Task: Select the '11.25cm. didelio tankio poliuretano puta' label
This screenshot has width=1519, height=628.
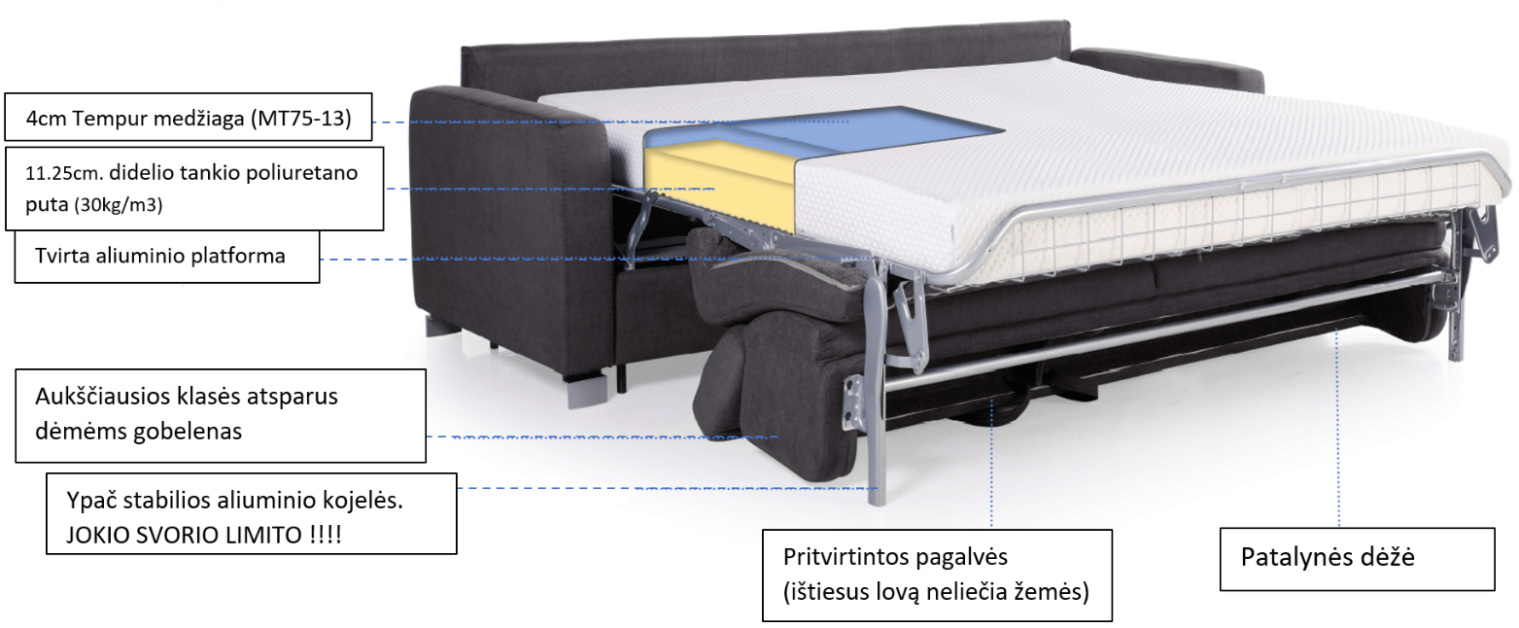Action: (193, 189)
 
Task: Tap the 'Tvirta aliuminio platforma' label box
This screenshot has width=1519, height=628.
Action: (167, 257)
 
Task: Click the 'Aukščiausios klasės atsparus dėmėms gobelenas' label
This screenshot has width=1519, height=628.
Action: (221, 415)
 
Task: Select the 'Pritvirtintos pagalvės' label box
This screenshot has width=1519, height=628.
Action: (935, 575)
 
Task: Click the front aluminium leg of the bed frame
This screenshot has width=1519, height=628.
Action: (874, 437)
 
